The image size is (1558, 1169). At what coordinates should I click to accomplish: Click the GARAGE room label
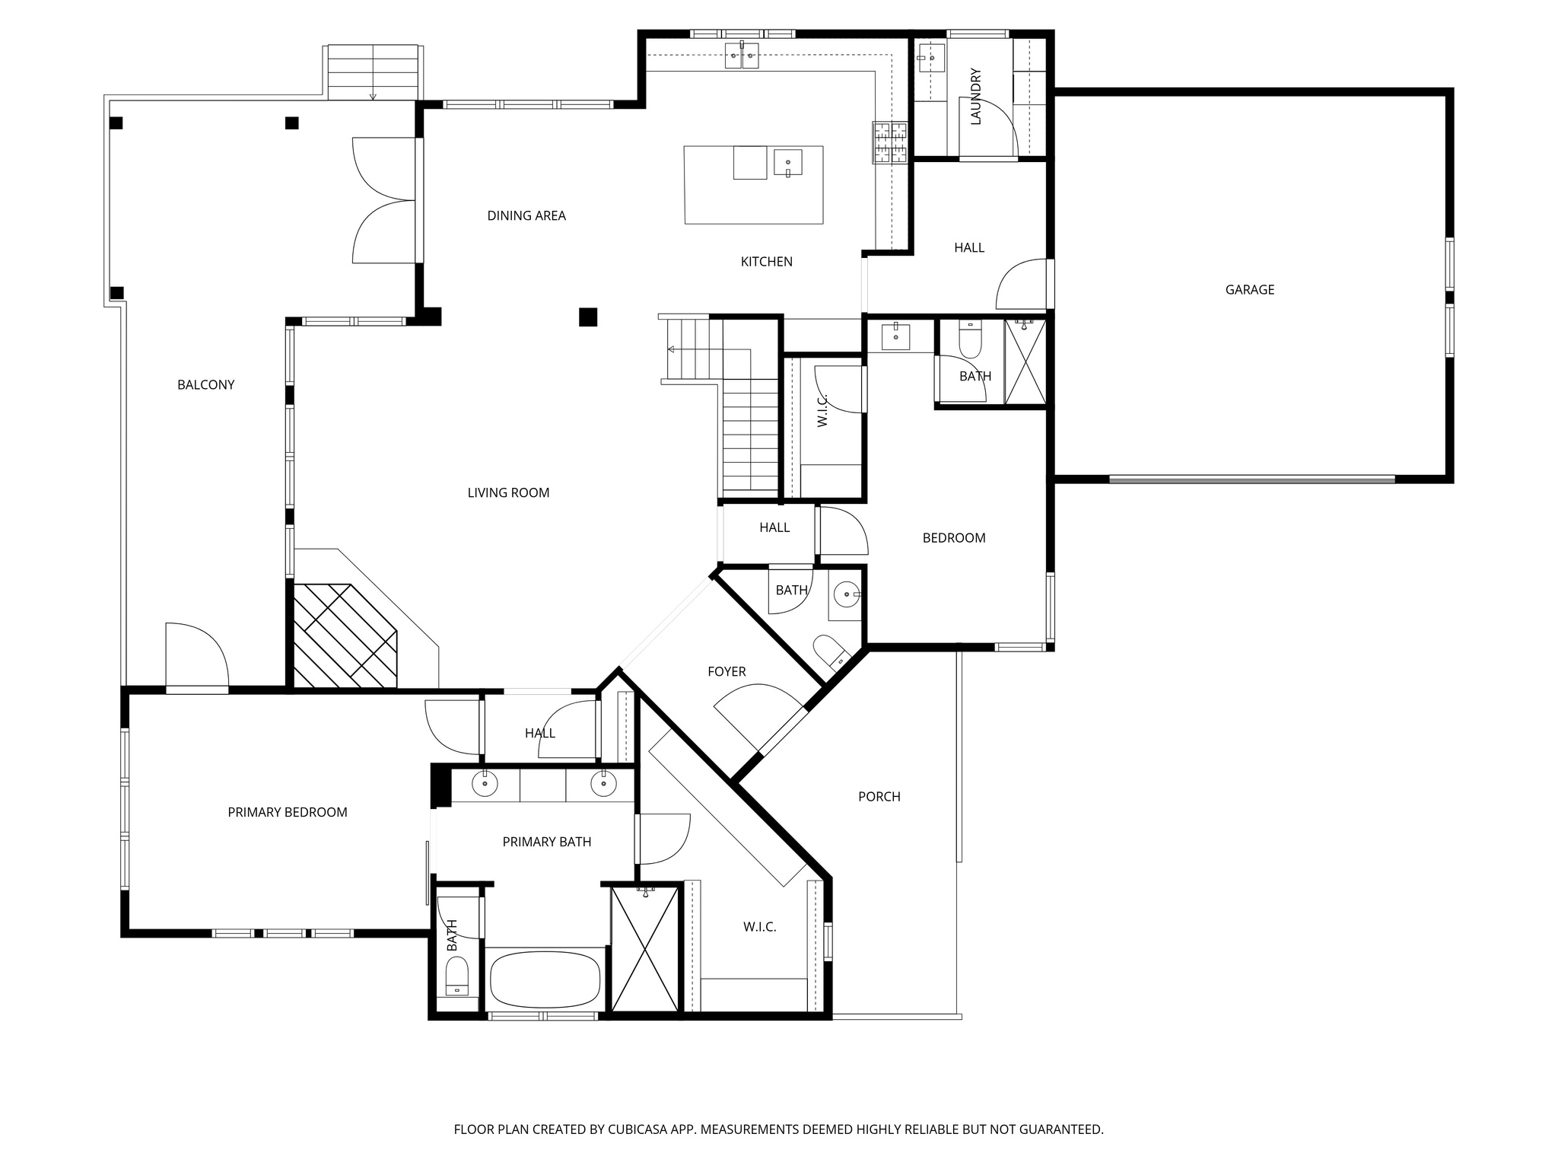[x=1249, y=289]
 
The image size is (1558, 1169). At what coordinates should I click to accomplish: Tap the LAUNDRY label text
[x=976, y=97]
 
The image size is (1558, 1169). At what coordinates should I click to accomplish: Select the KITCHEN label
[x=766, y=262]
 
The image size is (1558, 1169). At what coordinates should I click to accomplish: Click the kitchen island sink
[x=787, y=163]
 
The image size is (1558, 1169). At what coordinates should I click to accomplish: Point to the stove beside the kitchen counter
[x=890, y=142]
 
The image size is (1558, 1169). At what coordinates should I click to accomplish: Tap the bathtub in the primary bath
[x=545, y=980]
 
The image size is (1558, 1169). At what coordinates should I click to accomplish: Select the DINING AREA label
[x=526, y=215]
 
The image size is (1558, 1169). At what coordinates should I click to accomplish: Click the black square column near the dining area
[x=587, y=317]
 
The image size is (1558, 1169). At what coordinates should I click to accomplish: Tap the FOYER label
[x=727, y=671]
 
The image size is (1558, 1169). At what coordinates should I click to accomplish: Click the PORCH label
[x=879, y=797]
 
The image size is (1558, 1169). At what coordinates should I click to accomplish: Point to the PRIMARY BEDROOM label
[x=288, y=812]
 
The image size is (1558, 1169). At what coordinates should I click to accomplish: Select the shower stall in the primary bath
[x=644, y=949]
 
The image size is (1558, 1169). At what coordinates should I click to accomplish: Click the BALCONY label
[x=205, y=384]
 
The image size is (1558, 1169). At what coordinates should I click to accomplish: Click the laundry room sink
[x=930, y=57]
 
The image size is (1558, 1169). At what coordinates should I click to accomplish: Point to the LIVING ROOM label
[x=508, y=492]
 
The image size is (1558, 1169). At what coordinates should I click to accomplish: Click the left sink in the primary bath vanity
[x=485, y=783]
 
